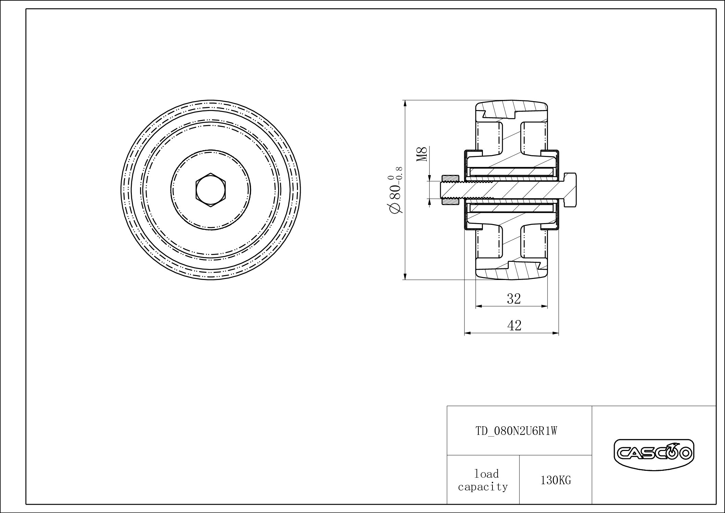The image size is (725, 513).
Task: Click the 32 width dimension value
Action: [x=514, y=299]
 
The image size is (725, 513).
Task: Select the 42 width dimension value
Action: [x=514, y=325]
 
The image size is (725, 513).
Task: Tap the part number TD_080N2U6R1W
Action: [x=516, y=431]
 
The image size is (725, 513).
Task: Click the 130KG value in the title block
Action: [x=555, y=480]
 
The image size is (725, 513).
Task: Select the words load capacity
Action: [x=483, y=480]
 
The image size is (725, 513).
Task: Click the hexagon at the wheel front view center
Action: [x=211, y=190]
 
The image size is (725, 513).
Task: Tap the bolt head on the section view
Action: [x=569, y=190]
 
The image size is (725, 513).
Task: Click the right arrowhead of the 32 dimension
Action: [x=545, y=306]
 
